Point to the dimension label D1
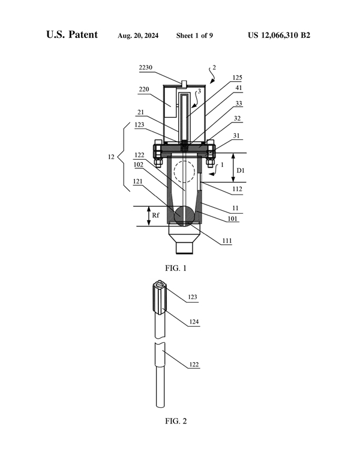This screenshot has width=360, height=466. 241,171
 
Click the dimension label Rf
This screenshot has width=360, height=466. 155,216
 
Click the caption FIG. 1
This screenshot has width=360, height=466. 176,268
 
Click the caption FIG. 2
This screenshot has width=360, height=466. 176,420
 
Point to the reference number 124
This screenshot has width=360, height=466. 193,322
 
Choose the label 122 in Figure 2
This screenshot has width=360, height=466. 193,365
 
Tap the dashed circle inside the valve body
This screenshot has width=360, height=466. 184,172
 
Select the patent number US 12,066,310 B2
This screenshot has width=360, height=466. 278,35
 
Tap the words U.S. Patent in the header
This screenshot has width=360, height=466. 72,35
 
